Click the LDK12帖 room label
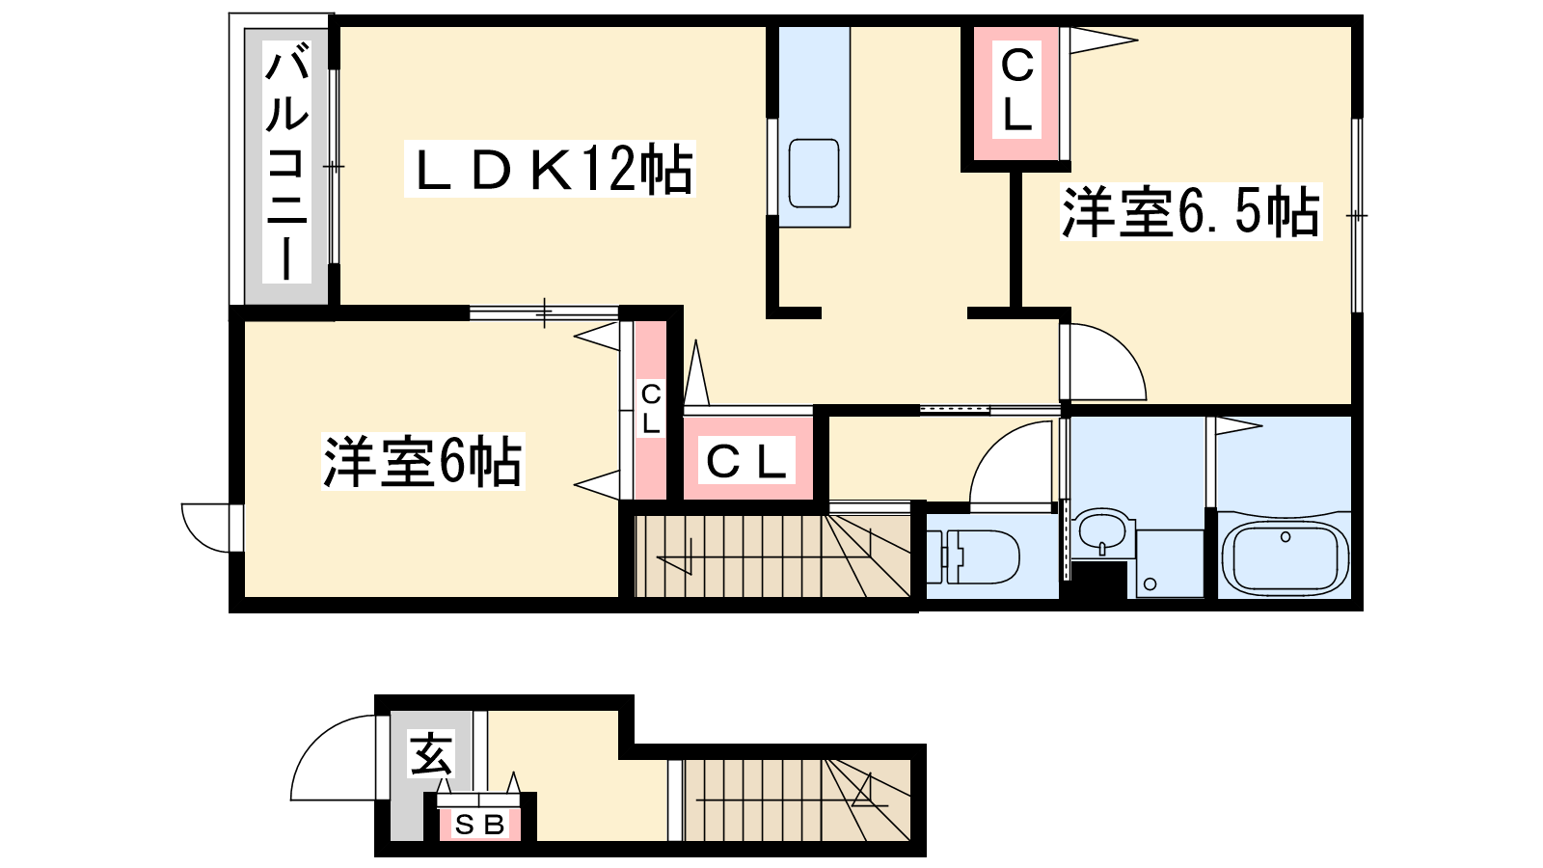[x=550, y=171]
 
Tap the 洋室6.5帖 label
[x=1190, y=212]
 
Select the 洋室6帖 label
[x=422, y=462]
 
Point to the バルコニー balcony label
[x=286, y=164]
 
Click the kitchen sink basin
[x=813, y=173]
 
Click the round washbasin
[x=1101, y=529]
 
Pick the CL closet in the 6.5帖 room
[x=1016, y=92]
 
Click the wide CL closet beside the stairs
[x=747, y=462]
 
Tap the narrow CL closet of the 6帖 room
[x=651, y=409]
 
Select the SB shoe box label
[x=480, y=826]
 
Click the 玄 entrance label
[x=430, y=754]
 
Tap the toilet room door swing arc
[x=1008, y=466]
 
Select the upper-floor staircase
[x=771, y=557]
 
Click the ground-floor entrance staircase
[x=797, y=800]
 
